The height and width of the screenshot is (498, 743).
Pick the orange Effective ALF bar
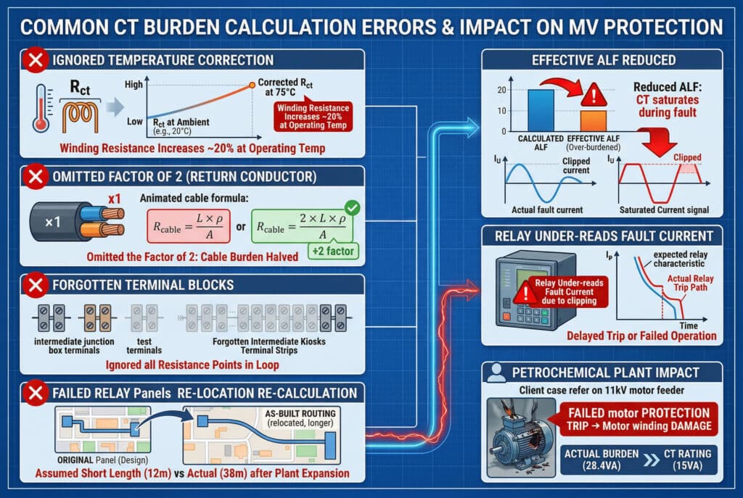593,120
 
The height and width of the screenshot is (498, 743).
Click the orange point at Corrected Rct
252,85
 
